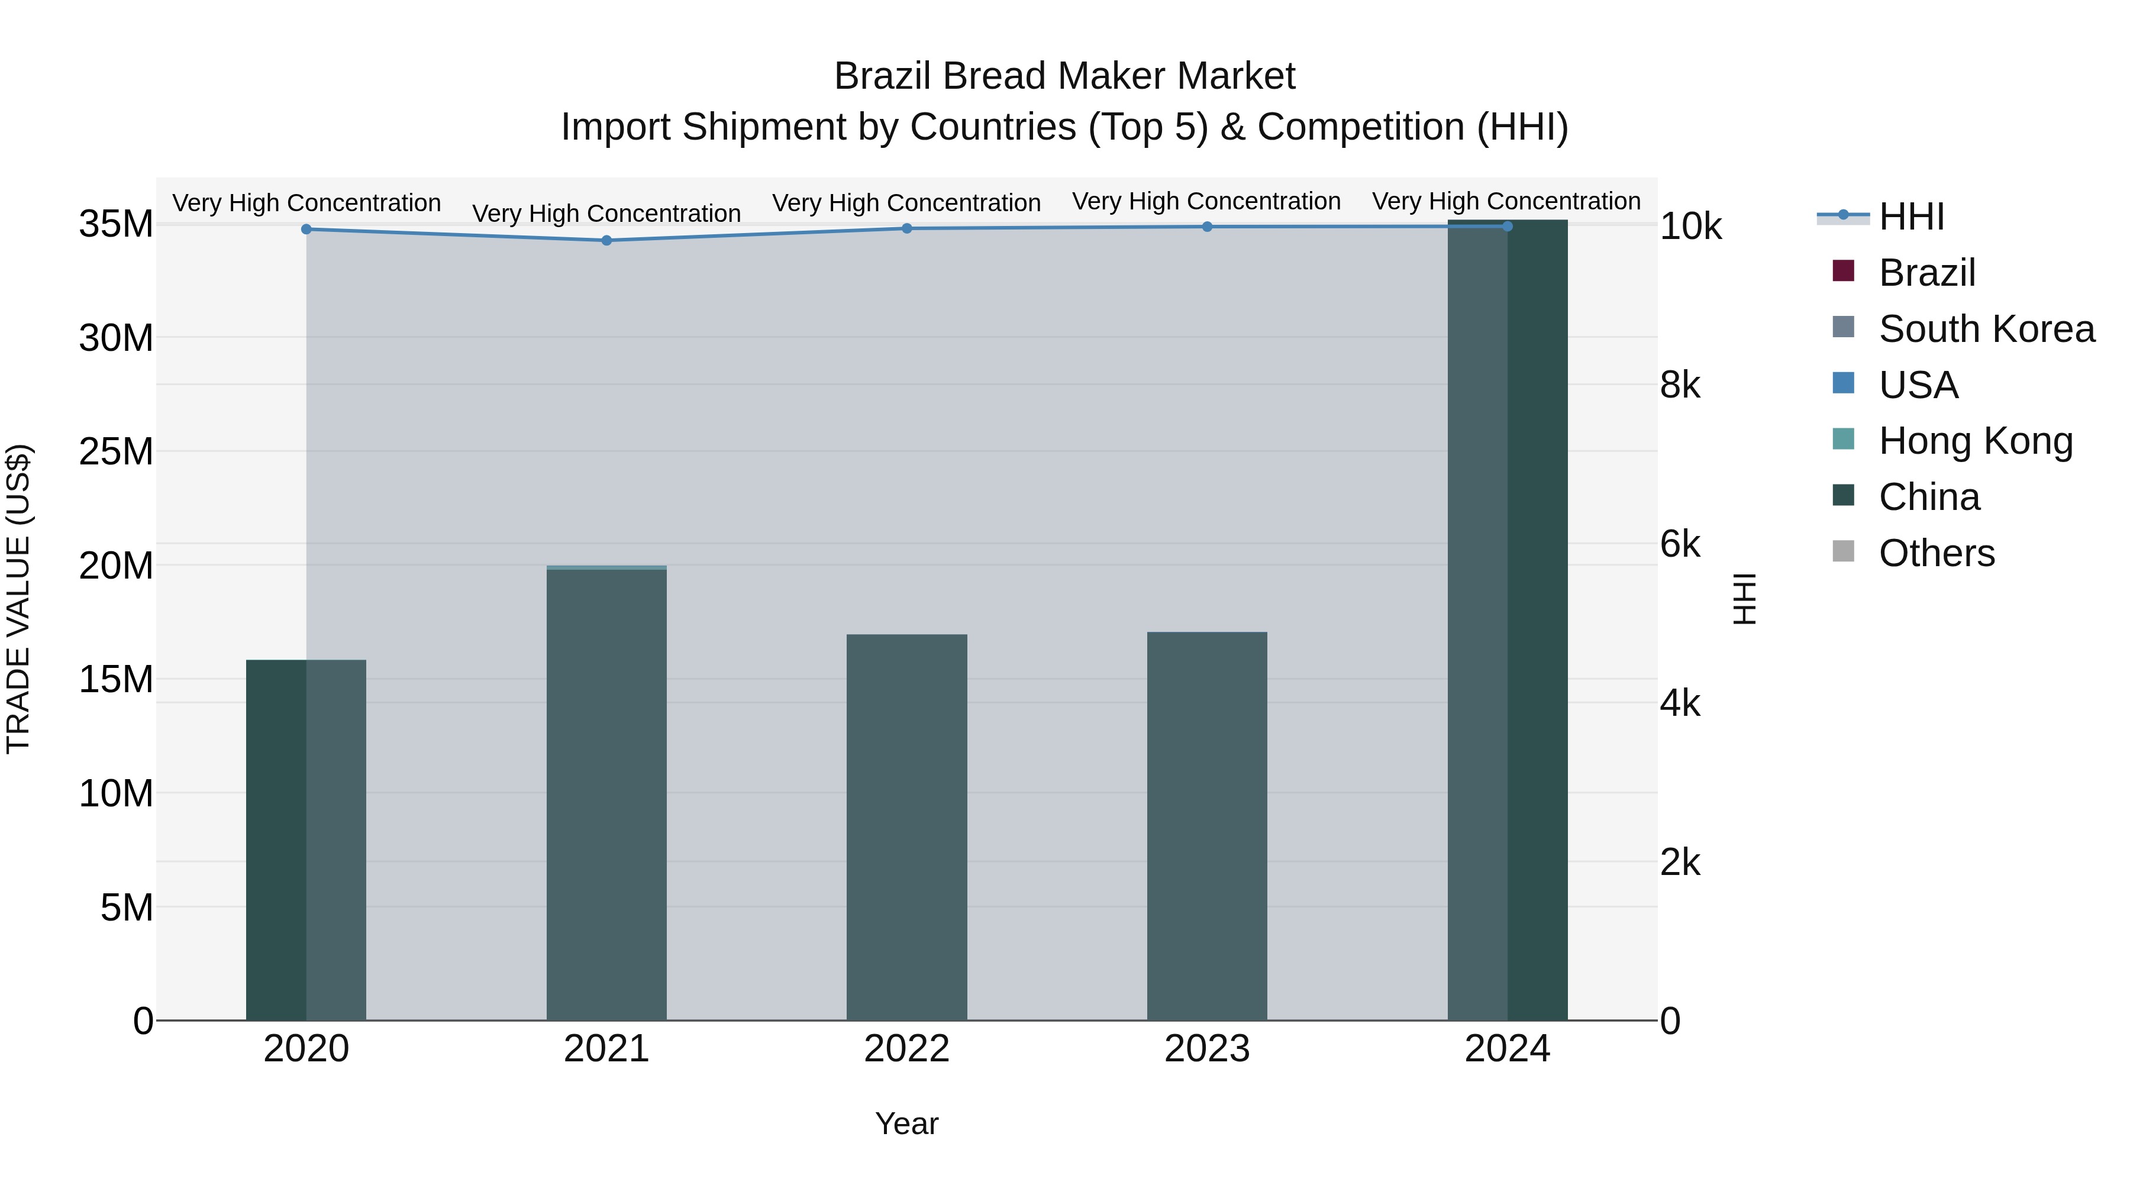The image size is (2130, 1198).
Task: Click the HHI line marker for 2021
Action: pyautogui.click(x=606, y=241)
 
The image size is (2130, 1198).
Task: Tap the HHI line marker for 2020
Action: pyautogui.click(x=306, y=229)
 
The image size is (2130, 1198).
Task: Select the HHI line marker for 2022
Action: pyautogui.click(x=906, y=228)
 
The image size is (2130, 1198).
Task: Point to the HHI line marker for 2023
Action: pyautogui.click(x=1206, y=227)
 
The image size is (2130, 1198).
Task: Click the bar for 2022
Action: pyautogui.click(x=906, y=827)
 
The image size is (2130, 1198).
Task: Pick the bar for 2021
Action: pyautogui.click(x=606, y=794)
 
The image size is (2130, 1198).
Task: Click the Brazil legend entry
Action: pyautogui.click(x=1926, y=273)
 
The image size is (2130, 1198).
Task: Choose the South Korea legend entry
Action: pyautogui.click(x=1985, y=329)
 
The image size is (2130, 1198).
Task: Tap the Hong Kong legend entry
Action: pyautogui.click(x=1974, y=441)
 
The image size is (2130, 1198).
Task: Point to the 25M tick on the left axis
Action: pyautogui.click(x=116, y=452)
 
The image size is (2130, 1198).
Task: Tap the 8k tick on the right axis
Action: pyautogui.click(x=1680, y=385)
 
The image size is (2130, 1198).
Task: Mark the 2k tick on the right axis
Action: pyautogui.click(x=1680, y=863)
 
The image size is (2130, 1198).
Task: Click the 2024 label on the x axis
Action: pyautogui.click(x=1506, y=1049)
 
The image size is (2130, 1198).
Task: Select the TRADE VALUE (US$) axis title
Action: pyautogui.click(x=18, y=599)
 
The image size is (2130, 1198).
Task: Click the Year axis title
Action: pyautogui.click(x=906, y=1123)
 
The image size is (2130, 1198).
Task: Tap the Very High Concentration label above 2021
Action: pyautogui.click(x=606, y=214)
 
